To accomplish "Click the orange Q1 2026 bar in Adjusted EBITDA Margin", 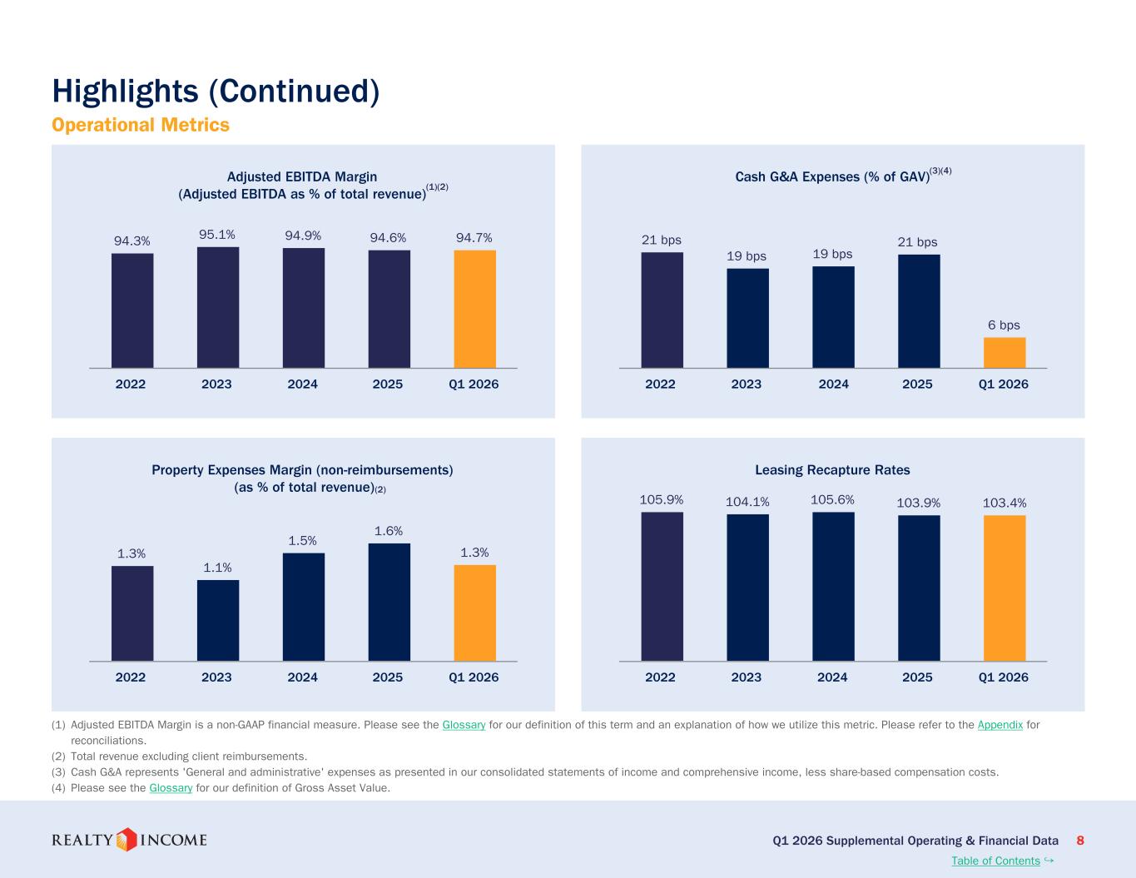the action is [474, 309].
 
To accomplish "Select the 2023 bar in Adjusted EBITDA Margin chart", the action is [218, 307].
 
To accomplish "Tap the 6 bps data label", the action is [1004, 325].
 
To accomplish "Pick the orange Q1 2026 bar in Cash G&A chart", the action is [1005, 353].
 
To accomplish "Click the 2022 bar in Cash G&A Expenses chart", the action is [662, 310].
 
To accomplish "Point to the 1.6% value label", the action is [389, 531].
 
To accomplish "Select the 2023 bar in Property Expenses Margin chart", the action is [218, 620].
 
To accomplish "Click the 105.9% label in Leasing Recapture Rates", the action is [662, 499].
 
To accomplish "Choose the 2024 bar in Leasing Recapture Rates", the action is [833, 587].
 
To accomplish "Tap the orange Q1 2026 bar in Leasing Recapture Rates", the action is [1005, 588].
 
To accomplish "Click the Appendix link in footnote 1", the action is [1000, 725].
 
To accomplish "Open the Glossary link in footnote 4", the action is [171, 787].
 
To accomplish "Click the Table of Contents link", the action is [995, 861].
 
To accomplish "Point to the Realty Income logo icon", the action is [126, 840].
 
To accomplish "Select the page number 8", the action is [1080, 841].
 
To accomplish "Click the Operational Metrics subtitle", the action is [141, 125].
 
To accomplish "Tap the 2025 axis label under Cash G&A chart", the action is [917, 384].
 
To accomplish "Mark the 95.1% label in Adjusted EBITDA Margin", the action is [217, 235].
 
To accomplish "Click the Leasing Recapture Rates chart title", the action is [832, 470].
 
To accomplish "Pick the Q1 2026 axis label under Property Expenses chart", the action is [474, 677].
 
